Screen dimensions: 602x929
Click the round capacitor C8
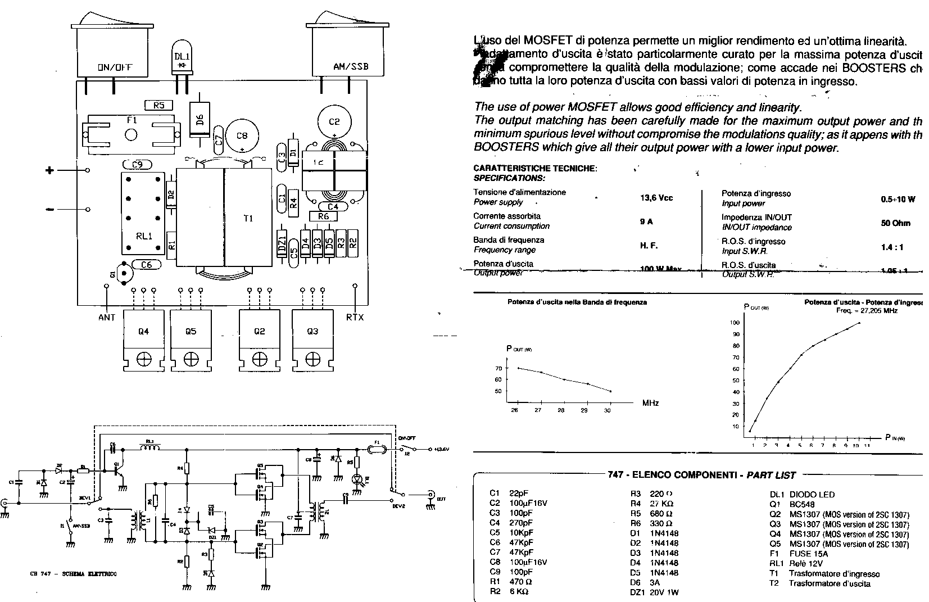tap(242, 136)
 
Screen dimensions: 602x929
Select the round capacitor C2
tap(334, 121)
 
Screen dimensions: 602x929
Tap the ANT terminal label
tap(106, 318)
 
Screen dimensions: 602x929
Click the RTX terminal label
tap(355, 318)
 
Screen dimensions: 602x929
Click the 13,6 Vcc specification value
tap(656, 198)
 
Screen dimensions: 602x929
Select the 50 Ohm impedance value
tap(896, 223)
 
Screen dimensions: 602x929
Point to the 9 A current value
tap(646, 222)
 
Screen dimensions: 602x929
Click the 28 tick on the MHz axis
tap(561, 410)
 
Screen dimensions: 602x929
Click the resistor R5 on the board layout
tap(158, 105)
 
